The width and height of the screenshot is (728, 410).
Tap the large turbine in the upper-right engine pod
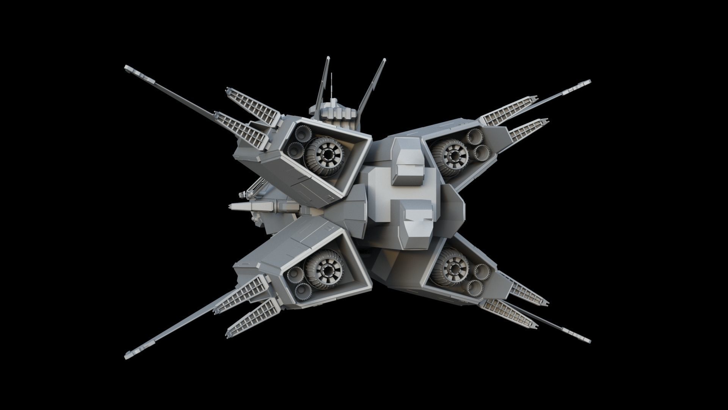pyautogui.click(x=452, y=156)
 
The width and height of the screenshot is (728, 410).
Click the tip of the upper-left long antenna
pyautogui.click(x=127, y=68)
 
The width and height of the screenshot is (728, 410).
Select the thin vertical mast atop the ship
pyautogui.click(x=332, y=85)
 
